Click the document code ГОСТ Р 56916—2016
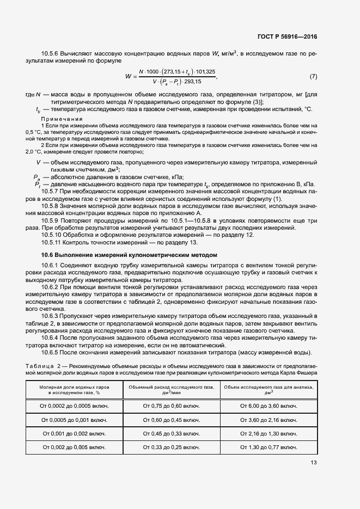pyautogui.click(x=287, y=37)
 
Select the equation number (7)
pyautogui.click(x=313, y=76)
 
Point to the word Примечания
pyautogui.click(x=62, y=119)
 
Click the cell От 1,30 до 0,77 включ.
pyautogui.click(x=269, y=447)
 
